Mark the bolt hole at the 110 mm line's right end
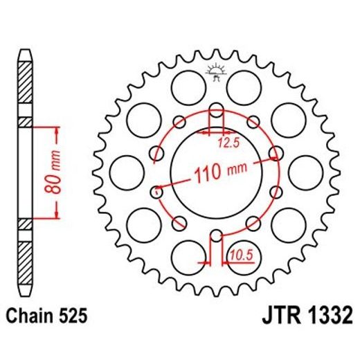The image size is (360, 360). tap(276, 154)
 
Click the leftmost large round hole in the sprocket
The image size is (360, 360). tap(125, 170)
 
